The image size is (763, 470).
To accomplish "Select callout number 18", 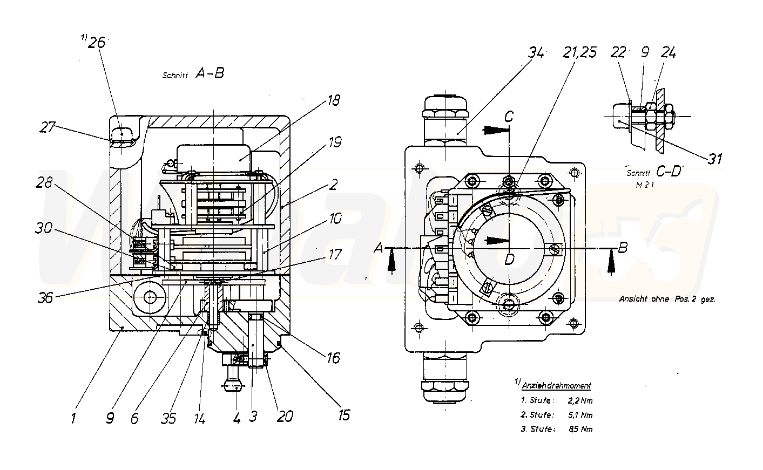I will (x=333, y=100).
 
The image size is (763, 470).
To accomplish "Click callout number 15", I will (x=343, y=414).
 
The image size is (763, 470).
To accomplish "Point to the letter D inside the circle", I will (x=508, y=260).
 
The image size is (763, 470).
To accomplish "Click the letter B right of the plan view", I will (x=623, y=248).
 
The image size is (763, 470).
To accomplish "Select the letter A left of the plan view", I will (x=379, y=248).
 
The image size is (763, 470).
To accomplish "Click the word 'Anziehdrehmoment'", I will (x=557, y=386).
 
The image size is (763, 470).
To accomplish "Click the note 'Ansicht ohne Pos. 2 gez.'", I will (x=667, y=299).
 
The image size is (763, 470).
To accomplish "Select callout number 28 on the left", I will (x=45, y=183).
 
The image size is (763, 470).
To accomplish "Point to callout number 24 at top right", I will (x=668, y=53).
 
